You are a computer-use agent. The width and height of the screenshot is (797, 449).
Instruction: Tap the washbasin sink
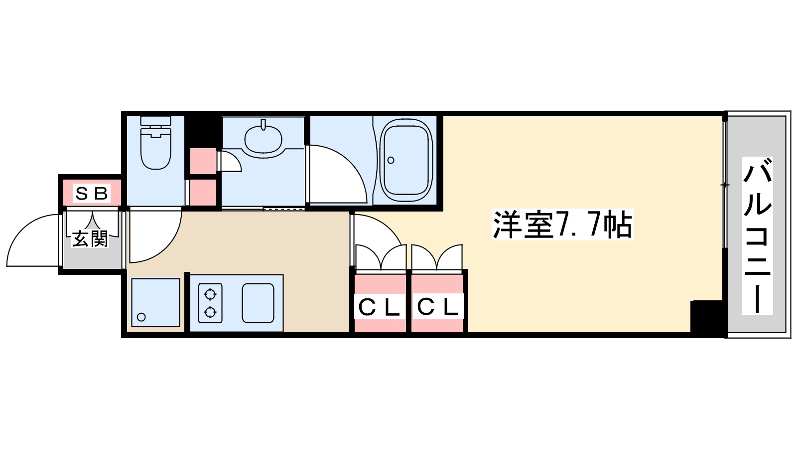pyautogui.click(x=263, y=138)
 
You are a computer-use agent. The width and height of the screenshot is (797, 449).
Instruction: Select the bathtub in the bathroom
pyautogui.click(x=406, y=160)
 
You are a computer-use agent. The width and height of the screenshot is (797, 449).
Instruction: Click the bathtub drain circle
pyautogui.click(x=391, y=160)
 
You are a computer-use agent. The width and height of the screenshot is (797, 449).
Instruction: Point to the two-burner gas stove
pyautogui.click(x=210, y=303)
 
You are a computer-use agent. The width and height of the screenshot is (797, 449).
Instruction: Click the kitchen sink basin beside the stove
pyautogui.click(x=258, y=303)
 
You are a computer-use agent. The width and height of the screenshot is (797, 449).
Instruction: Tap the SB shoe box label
pyautogui.click(x=91, y=193)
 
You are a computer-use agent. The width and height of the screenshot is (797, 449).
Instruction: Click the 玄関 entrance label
pyautogui.click(x=90, y=239)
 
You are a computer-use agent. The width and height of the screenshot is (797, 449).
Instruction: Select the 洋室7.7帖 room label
pyautogui.click(x=562, y=225)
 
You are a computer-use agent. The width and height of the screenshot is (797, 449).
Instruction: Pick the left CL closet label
pyautogui.click(x=380, y=308)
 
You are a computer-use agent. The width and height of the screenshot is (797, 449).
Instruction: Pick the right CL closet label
pyautogui.click(x=438, y=307)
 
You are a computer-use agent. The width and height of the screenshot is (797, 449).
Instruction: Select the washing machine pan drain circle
pyautogui.click(x=141, y=317)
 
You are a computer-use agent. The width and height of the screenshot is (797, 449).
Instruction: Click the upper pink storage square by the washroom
pyautogui.click(x=203, y=161)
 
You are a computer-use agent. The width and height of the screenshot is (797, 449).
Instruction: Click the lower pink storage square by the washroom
pyautogui.click(x=203, y=192)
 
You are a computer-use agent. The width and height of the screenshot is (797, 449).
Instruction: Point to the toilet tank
pyautogui.click(x=155, y=121)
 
